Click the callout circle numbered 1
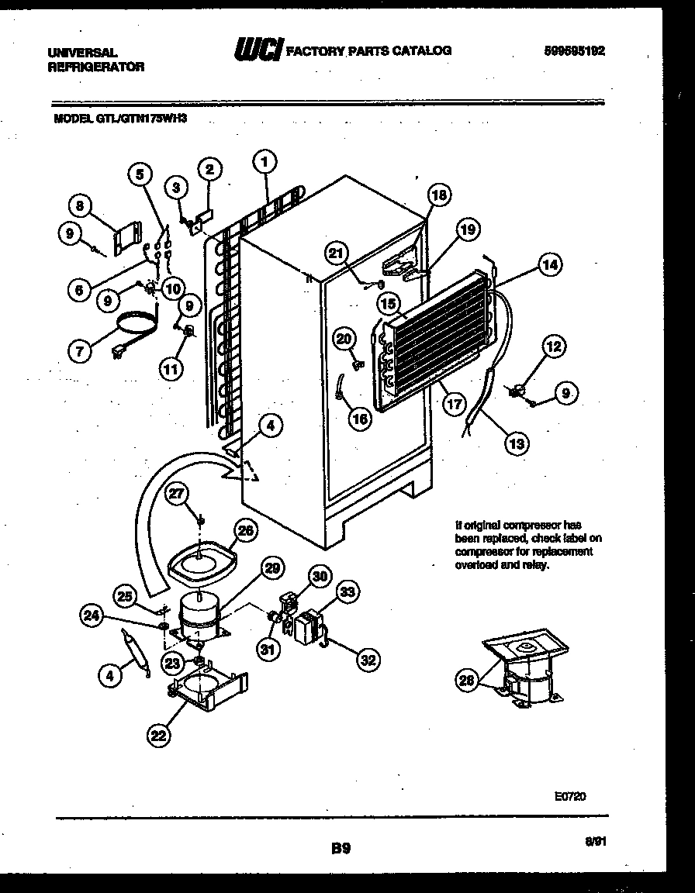point(265,163)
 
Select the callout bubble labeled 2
point(209,169)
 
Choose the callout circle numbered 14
point(549,264)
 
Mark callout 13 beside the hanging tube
point(515,443)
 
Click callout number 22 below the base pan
point(158,736)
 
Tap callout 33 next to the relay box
point(347,593)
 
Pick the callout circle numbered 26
point(245,531)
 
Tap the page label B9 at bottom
point(341,848)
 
